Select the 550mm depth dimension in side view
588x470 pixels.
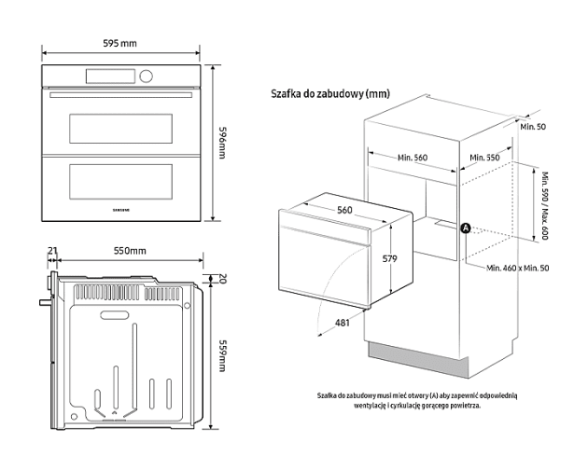click(130, 252)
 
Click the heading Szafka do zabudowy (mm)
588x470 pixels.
click(329, 94)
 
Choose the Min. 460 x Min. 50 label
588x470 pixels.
click(518, 268)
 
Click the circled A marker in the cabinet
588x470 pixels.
click(465, 227)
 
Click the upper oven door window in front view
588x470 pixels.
click(120, 127)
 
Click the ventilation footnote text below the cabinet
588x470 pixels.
click(416, 400)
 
